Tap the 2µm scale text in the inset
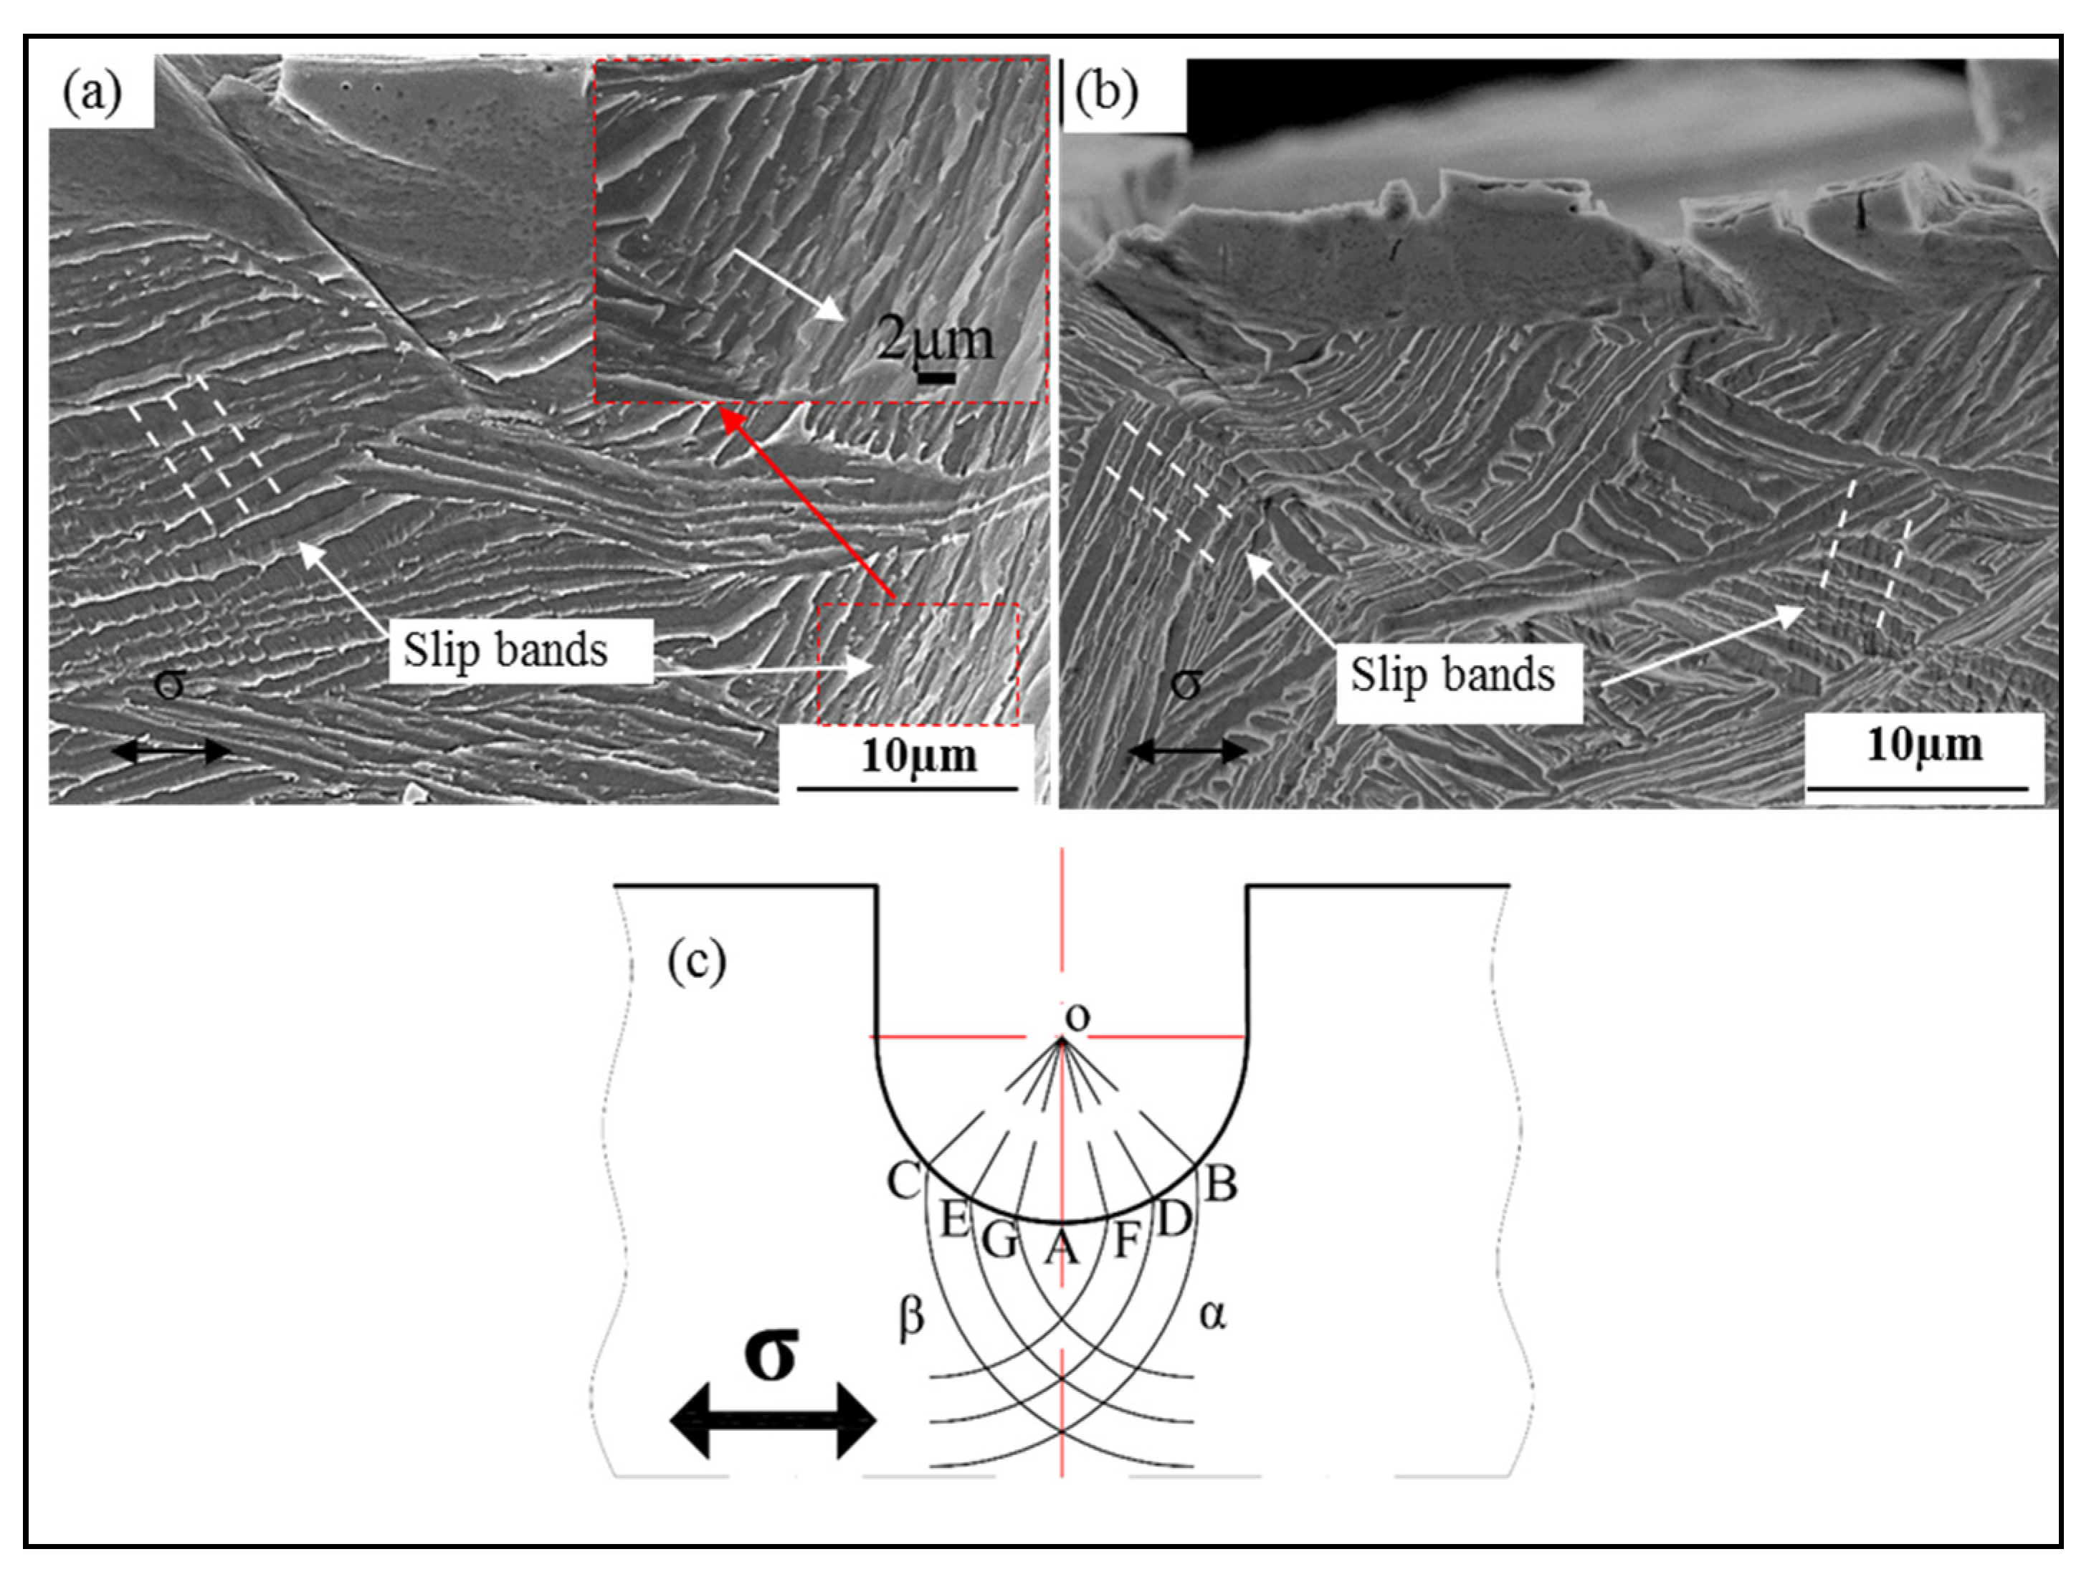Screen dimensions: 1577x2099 935,340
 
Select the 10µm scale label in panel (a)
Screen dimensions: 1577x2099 918,756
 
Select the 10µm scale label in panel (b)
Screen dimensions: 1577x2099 1924,745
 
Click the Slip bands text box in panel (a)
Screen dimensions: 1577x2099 507,651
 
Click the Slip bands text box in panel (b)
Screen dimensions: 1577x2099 1454,675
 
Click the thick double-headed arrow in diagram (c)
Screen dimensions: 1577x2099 772,1421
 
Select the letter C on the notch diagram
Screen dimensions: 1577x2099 903,1182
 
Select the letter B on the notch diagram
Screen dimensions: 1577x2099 1222,1184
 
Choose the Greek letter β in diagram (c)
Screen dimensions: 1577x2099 911,1318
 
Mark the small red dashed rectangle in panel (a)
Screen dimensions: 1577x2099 918,664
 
